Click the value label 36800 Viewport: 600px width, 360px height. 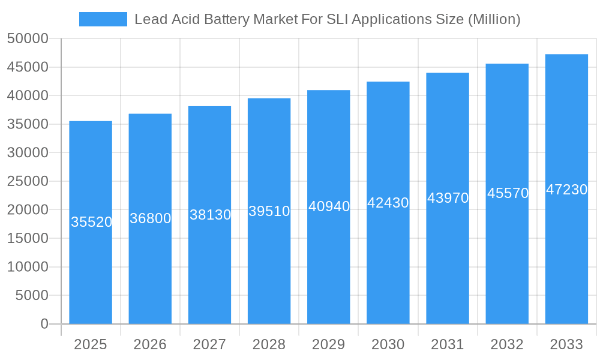(x=150, y=218)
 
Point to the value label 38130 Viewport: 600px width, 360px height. (x=210, y=215)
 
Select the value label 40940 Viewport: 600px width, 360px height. (x=329, y=206)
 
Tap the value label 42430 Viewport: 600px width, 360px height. (x=388, y=203)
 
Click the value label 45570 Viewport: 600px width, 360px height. (x=508, y=193)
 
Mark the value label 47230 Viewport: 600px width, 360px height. (x=566, y=190)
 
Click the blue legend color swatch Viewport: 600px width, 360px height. (x=103, y=19)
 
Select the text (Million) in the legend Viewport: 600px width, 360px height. (x=493, y=19)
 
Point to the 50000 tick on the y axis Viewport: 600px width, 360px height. (x=27, y=39)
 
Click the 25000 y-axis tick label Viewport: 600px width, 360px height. (x=27, y=181)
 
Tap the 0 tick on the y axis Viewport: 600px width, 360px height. (x=44, y=324)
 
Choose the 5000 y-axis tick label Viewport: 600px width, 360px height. (x=31, y=295)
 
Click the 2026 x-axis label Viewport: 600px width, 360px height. (x=150, y=344)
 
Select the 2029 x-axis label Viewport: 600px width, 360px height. (x=329, y=344)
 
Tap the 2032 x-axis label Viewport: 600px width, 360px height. (x=507, y=344)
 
